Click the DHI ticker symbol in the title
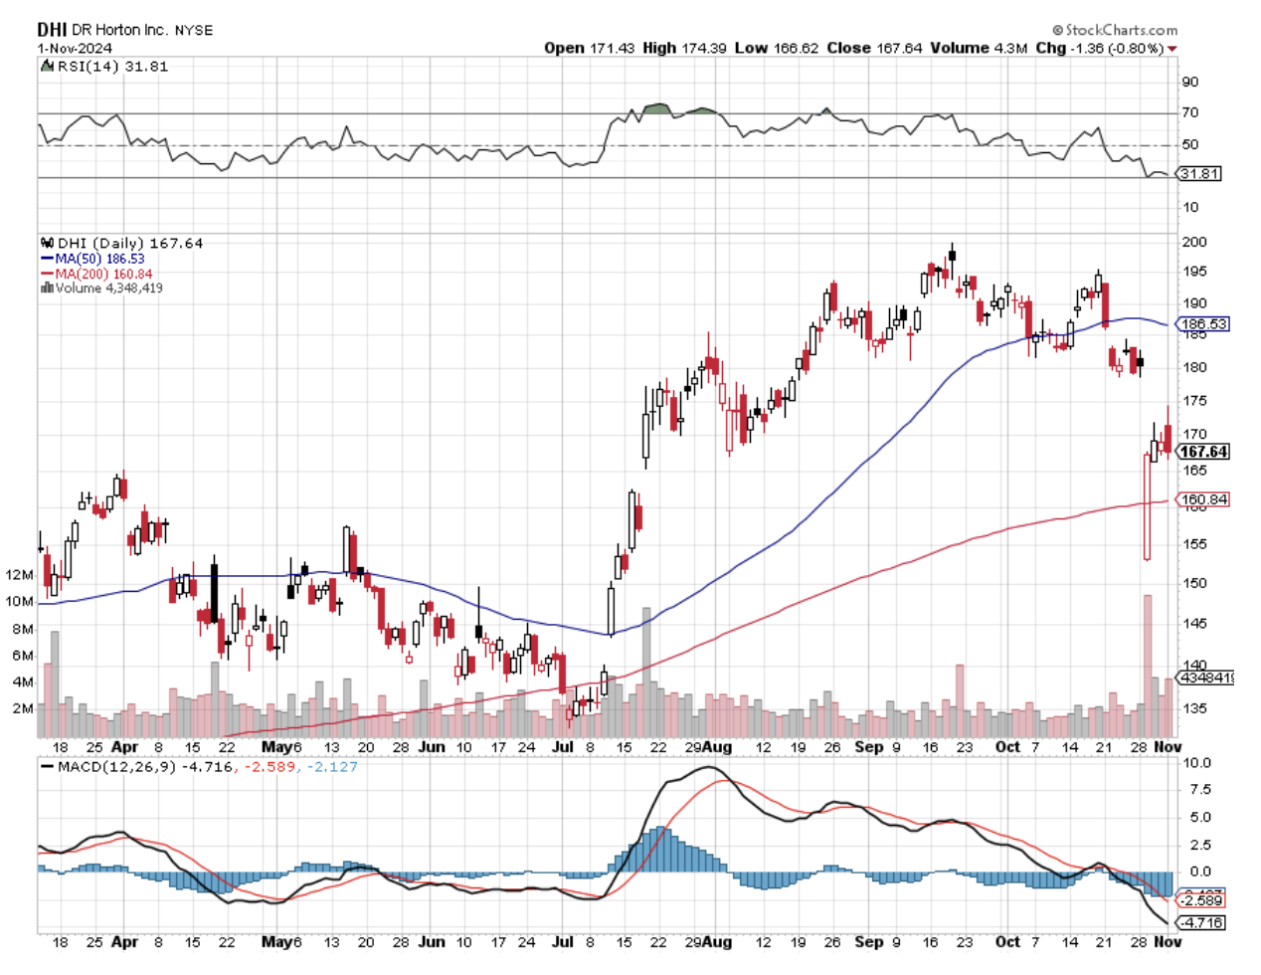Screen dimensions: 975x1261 [x=52, y=30]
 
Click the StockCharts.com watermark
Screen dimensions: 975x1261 [x=1115, y=30]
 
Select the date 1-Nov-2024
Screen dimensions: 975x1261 [x=75, y=48]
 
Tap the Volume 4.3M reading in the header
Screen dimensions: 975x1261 [x=979, y=48]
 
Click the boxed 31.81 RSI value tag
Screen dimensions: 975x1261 [x=1199, y=174]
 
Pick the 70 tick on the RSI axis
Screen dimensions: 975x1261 [x=1189, y=112]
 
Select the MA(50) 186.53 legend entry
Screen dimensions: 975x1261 [x=99, y=259]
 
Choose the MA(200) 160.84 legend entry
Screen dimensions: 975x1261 [x=103, y=274]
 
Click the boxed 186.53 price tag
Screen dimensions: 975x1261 [x=1203, y=324]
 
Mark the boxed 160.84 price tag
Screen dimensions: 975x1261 [x=1203, y=499]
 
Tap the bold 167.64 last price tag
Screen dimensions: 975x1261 [x=1203, y=452]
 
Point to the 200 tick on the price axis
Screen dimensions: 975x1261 [x=1193, y=242]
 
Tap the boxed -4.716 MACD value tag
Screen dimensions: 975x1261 [x=1202, y=922]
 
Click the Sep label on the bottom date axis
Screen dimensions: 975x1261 [x=868, y=941]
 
